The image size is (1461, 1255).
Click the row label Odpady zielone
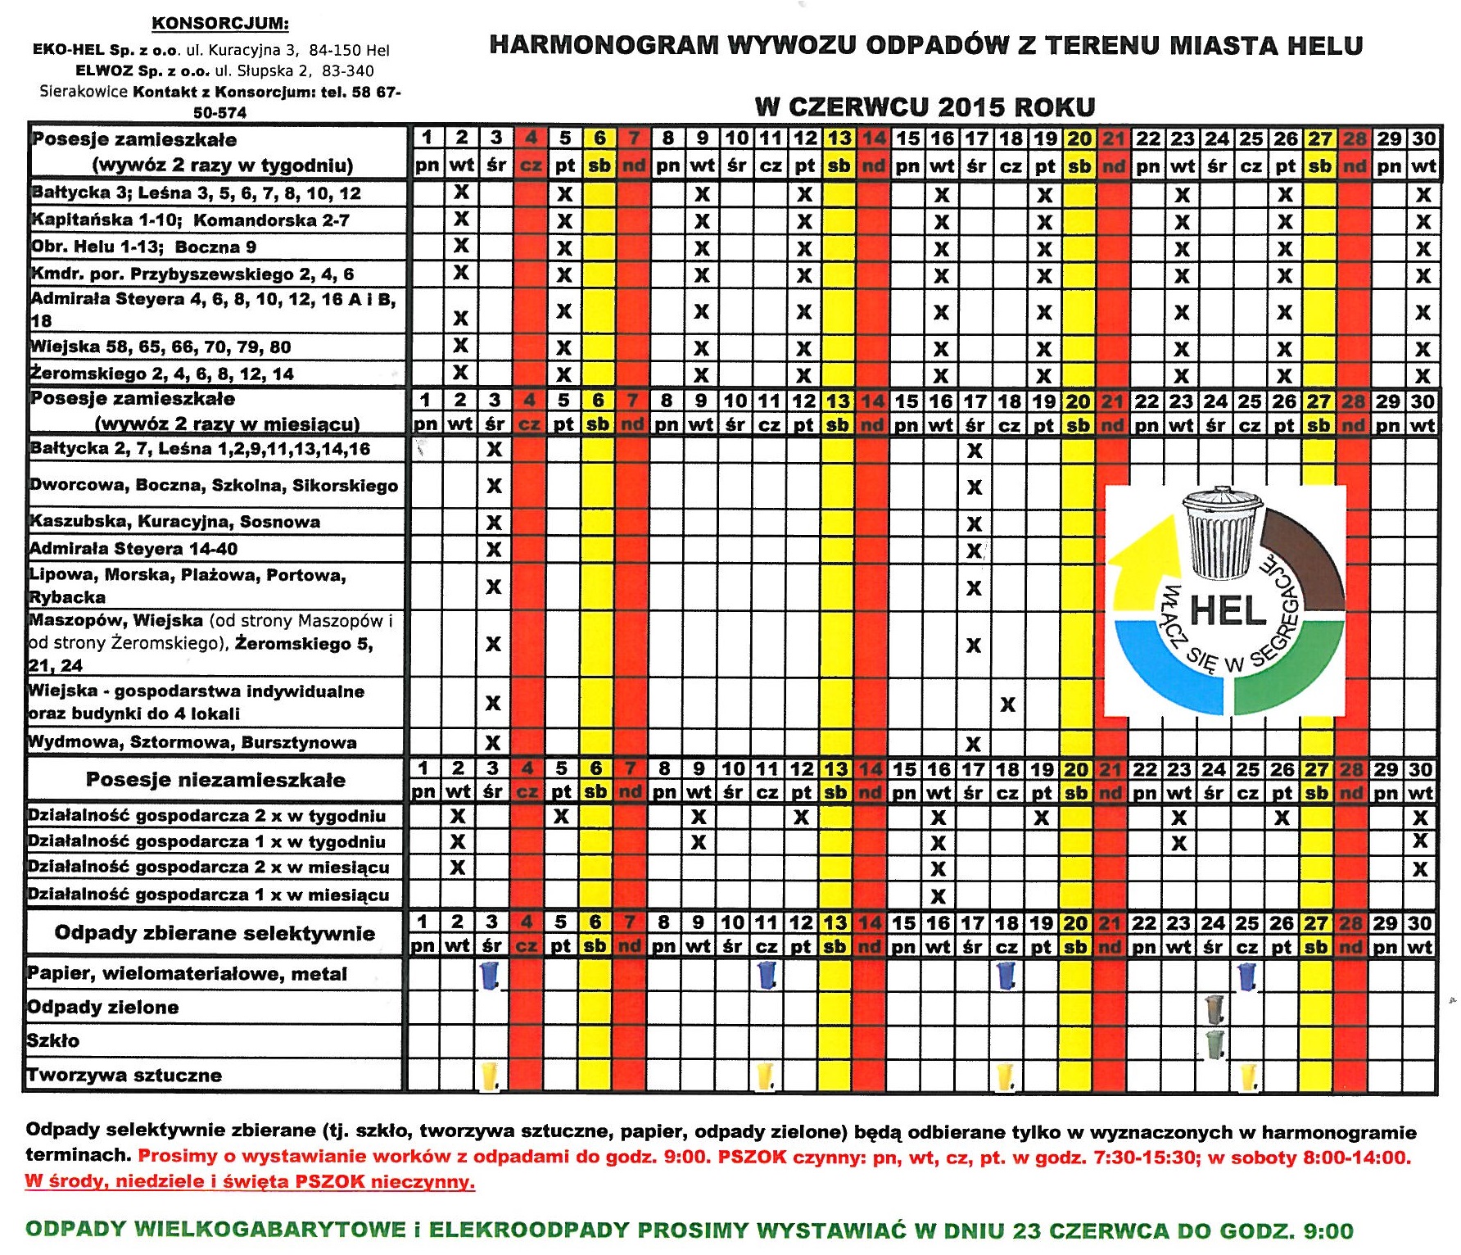(x=103, y=1008)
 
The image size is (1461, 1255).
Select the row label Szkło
(x=54, y=1041)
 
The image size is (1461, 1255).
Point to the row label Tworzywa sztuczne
(x=124, y=1076)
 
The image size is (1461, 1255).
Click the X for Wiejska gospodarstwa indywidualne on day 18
(x=1008, y=705)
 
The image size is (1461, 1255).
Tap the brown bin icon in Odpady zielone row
(x=1214, y=1008)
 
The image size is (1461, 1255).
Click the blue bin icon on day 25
(x=1246, y=975)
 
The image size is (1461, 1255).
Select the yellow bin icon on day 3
(x=490, y=1076)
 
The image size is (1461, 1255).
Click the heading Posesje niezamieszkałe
(x=215, y=780)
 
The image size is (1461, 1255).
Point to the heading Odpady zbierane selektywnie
(x=215, y=933)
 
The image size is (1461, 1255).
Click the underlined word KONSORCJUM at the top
(x=220, y=23)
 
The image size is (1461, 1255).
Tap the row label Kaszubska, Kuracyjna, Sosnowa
(x=175, y=522)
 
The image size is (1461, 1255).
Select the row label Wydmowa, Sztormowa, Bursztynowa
(x=193, y=743)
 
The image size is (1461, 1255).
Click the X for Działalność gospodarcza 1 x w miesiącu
(x=939, y=895)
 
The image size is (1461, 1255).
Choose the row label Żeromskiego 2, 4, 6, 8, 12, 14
(x=162, y=374)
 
